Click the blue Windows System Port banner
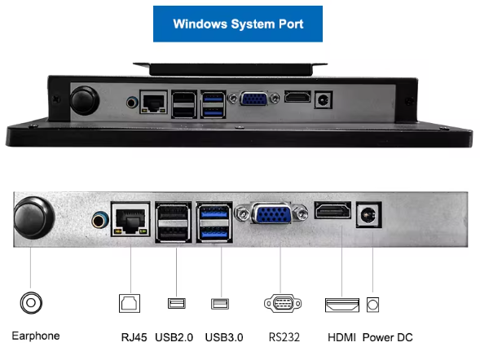coord(238,24)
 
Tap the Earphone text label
coord(36,336)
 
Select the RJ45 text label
coord(134,337)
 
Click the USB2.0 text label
coord(174,337)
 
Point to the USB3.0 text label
coord(224,337)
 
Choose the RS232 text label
coord(284,337)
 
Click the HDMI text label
coord(341,337)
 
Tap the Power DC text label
coord(388,337)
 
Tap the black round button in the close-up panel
coord(34,217)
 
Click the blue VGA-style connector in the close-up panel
coord(271,213)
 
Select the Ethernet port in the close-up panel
coord(130,219)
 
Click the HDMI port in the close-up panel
coord(332,210)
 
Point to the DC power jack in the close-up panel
coord(369,215)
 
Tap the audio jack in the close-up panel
coord(100,220)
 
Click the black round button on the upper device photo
coord(85,101)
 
